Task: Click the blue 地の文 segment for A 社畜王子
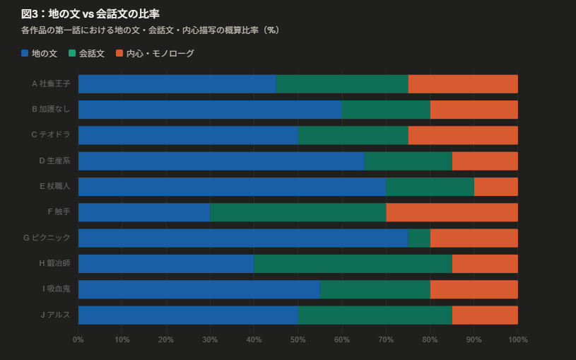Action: click(x=177, y=83)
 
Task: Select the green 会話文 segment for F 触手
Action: click(x=298, y=212)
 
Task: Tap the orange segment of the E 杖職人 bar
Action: click(x=495, y=187)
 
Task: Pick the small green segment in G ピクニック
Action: click(x=419, y=238)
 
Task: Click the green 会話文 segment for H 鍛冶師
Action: click(x=353, y=264)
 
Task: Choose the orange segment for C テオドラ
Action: click(x=463, y=135)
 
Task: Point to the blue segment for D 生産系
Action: click(x=221, y=161)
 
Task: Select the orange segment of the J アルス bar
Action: click(x=485, y=315)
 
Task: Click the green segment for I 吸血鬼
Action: click(x=375, y=289)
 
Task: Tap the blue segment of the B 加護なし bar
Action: click(x=210, y=110)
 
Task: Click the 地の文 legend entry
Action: click(x=40, y=53)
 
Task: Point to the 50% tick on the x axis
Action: click(x=298, y=340)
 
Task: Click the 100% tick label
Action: click(x=517, y=340)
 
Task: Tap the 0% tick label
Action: click(x=78, y=340)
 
